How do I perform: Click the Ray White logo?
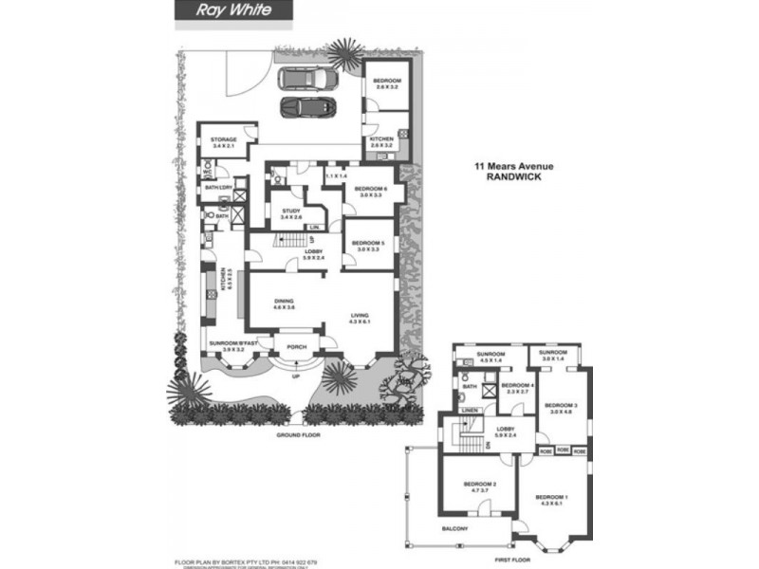click(x=223, y=10)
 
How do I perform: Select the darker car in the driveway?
click(x=305, y=106)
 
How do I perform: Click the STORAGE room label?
click(x=224, y=140)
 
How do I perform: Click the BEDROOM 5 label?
click(x=366, y=244)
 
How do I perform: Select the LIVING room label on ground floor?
click(x=360, y=317)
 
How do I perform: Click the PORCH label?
click(x=298, y=346)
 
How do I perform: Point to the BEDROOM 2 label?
click(x=476, y=485)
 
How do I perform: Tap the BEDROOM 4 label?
click(x=518, y=385)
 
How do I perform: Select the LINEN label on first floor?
click(x=471, y=410)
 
